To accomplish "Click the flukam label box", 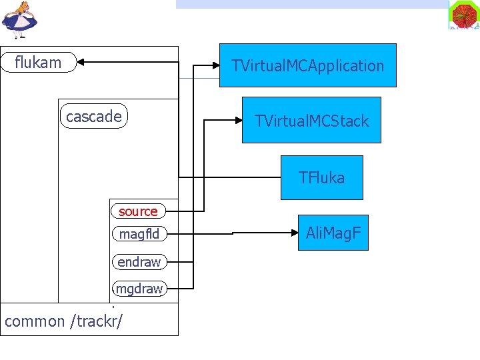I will pyautogui.click(x=39, y=63).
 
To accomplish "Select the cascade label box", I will pyautogui.click(x=93, y=117).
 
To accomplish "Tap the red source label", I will pyautogui.click(x=138, y=211).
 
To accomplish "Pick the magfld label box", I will pyautogui.click(x=139, y=234).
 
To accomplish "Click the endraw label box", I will pyautogui.click(x=139, y=262).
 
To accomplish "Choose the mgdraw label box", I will pyautogui.click(x=139, y=289).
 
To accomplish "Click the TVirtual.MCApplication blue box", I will pyautogui.click(x=307, y=65).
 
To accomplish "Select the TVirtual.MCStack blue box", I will pyautogui.click(x=311, y=121).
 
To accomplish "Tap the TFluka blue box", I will pyautogui.click(x=321, y=177).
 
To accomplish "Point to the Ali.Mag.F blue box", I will pyautogui.click(x=333, y=233).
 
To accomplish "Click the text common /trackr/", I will pyautogui.click(x=63, y=321).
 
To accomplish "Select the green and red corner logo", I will pyautogui.click(x=464, y=15).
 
